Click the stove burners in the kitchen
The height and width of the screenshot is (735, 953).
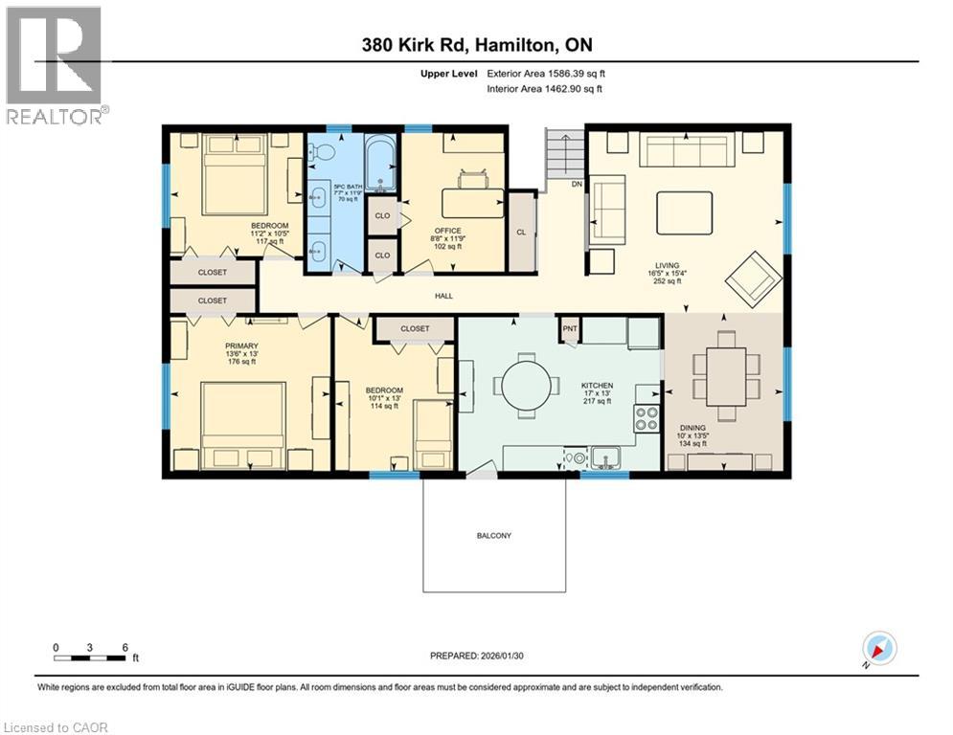pos(647,416)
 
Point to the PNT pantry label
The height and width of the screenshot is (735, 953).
pos(569,328)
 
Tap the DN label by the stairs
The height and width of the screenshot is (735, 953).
pos(576,184)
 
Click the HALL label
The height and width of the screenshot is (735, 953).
pos(443,296)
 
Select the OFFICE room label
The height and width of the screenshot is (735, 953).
pos(447,231)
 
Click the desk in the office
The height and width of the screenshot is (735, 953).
pos(471,203)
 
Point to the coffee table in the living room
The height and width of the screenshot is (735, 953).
pos(684,212)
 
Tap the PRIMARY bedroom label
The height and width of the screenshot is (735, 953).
pos(241,346)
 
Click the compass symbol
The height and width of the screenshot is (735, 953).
pos(878,648)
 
